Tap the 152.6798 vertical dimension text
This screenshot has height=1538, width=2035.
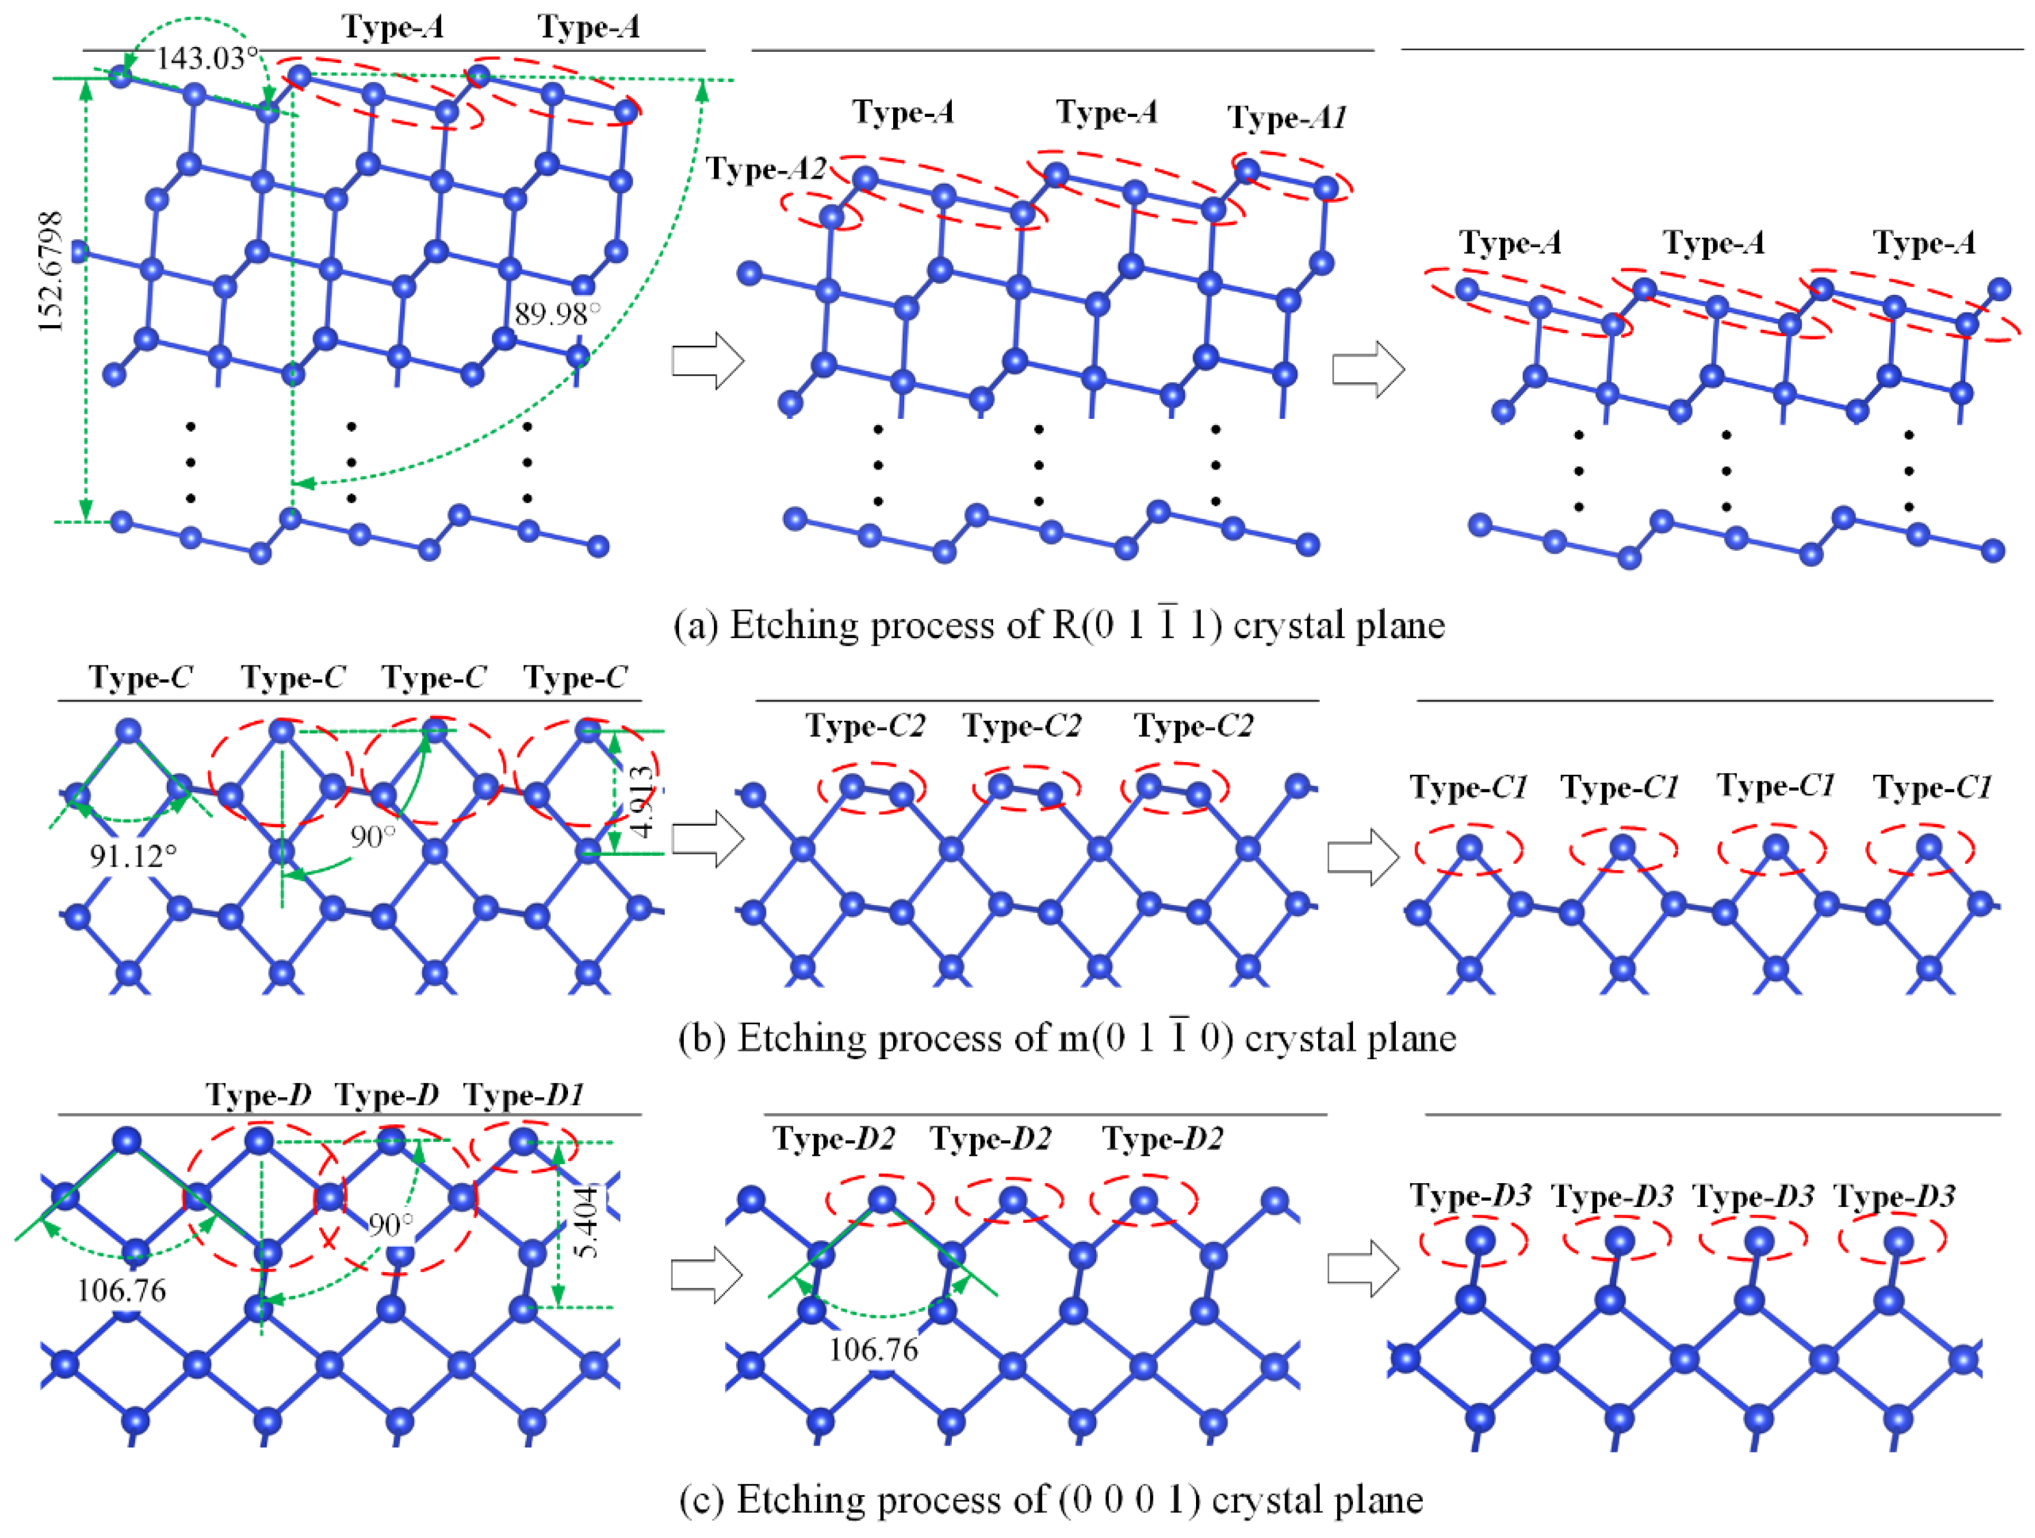pyautogui.click(x=51, y=272)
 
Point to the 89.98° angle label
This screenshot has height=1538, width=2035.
pyautogui.click(x=556, y=314)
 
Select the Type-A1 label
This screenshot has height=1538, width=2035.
pyautogui.click(x=1288, y=118)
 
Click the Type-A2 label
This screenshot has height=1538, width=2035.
pyautogui.click(x=765, y=169)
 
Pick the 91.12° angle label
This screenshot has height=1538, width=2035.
pyautogui.click(x=133, y=856)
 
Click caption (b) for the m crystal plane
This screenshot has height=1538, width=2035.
pyautogui.click(x=1067, y=1038)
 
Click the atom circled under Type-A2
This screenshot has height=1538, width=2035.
pyautogui.click(x=831, y=216)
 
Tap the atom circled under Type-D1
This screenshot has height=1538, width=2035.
pyautogui.click(x=523, y=1141)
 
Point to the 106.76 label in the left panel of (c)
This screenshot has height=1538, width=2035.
pyautogui.click(x=122, y=1290)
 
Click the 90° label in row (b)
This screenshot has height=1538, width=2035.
pyautogui.click(x=373, y=836)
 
